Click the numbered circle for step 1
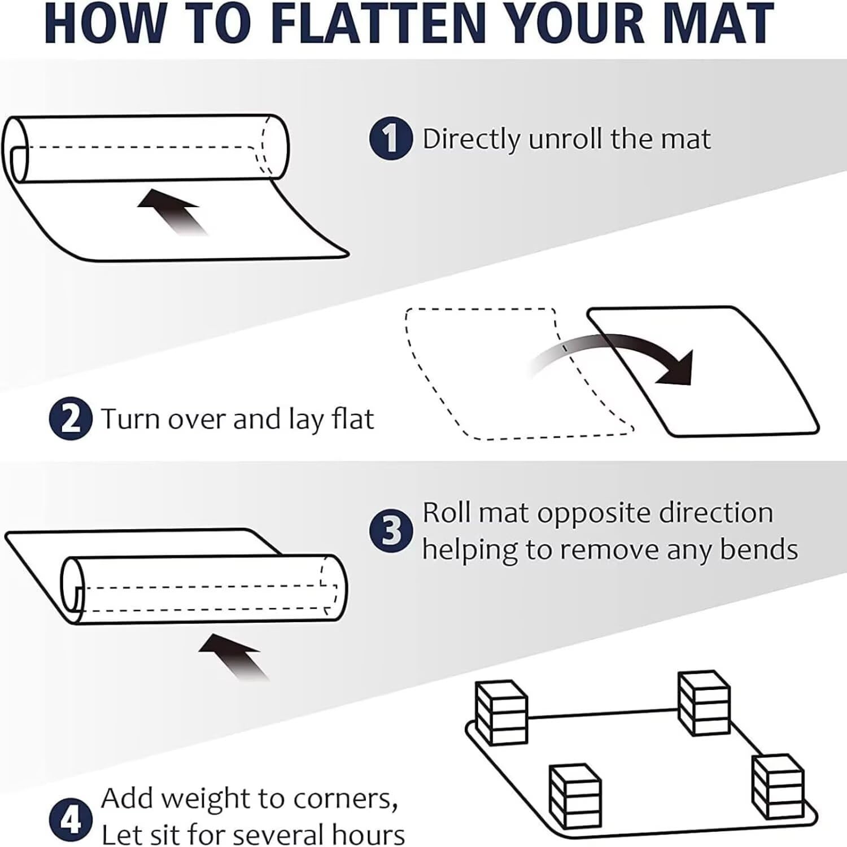click(x=391, y=138)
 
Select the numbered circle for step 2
click(x=71, y=418)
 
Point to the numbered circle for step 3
click(x=391, y=531)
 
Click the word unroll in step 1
click(x=566, y=138)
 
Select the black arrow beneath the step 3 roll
click(x=234, y=656)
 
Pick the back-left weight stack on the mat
click(x=501, y=712)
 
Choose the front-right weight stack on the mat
click(x=777, y=787)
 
